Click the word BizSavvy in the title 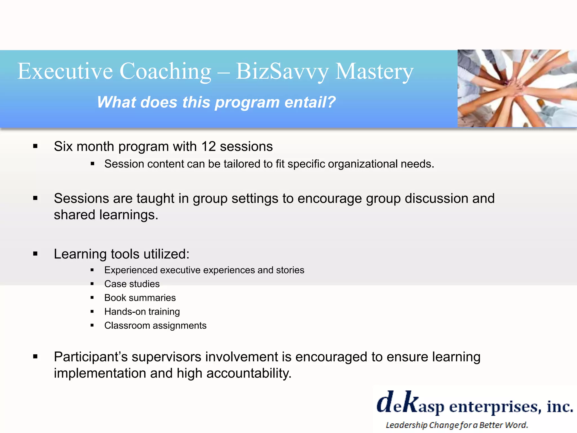tap(282, 72)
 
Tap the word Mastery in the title tap(374, 72)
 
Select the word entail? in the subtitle tap(310, 102)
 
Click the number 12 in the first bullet tap(208, 147)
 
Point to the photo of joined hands tap(517, 88)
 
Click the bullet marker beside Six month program tap(35, 146)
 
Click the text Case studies tap(132, 284)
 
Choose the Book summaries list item tap(140, 298)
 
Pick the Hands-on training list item tap(142, 312)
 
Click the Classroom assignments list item tap(155, 326)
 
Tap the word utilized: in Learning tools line tap(167, 254)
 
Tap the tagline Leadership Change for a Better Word tap(456, 425)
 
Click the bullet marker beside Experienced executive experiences tap(92, 270)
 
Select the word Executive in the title tap(65, 72)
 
